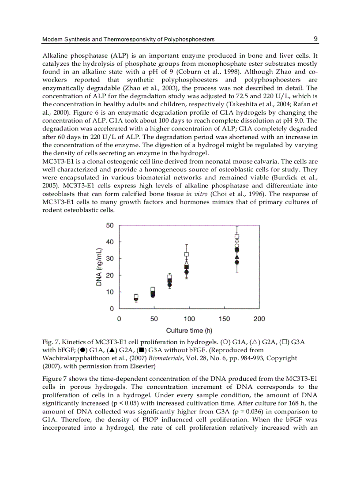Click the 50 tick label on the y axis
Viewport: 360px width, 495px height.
click(x=109, y=225)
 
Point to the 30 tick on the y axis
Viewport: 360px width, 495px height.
click(x=109, y=258)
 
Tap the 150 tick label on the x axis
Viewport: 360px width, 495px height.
click(x=224, y=318)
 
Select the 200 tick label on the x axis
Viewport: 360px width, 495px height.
click(x=259, y=318)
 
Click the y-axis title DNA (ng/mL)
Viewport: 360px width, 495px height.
click(x=99, y=267)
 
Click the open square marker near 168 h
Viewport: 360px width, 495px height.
click(x=237, y=237)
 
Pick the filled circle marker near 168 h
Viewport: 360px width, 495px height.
click(x=237, y=262)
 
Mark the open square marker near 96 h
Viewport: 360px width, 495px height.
click(x=187, y=254)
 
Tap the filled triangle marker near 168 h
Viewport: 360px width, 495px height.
click(x=237, y=257)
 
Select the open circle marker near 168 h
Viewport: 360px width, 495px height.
click(x=237, y=246)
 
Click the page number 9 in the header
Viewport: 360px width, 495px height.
click(x=316, y=39)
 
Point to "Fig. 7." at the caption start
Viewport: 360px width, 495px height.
click(x=51, y=342)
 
